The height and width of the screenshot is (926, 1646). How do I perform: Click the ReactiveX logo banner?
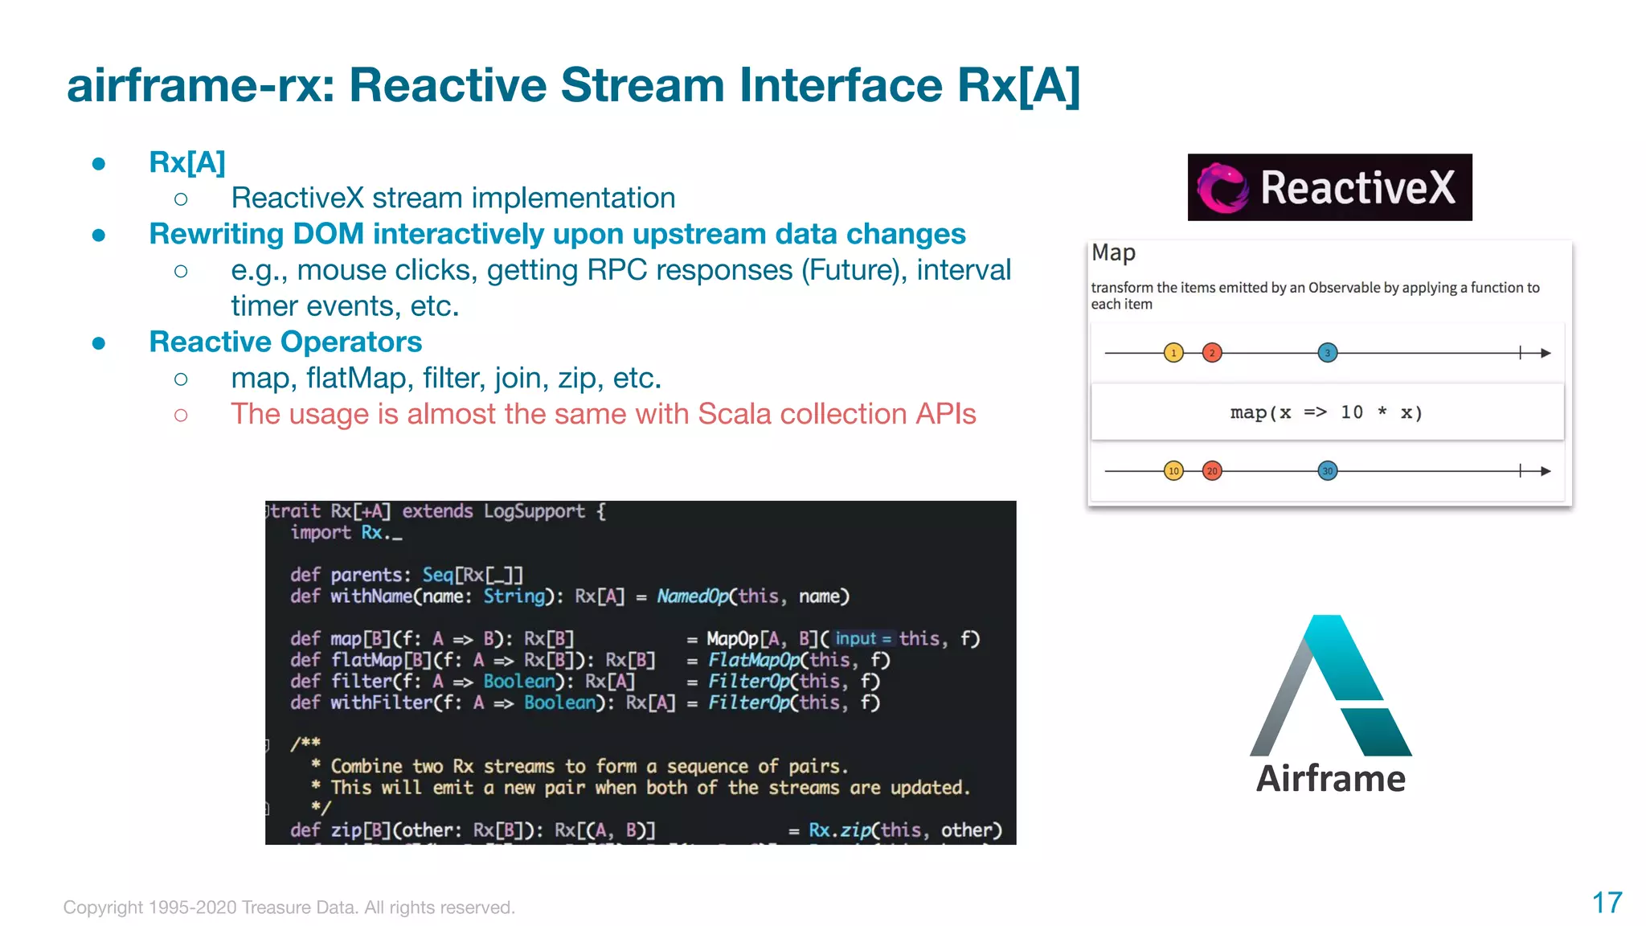coord(1329,187)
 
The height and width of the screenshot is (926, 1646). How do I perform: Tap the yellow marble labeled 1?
coord(1173,353)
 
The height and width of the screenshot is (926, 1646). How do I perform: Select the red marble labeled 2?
coord(1212,353)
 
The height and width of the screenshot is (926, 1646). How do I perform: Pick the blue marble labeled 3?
coord(1328,353)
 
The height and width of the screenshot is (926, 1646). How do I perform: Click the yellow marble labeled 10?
coord(1173,471)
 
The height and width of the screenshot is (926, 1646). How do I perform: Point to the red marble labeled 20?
coord(1212,471)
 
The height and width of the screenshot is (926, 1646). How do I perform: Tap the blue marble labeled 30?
coord(1328,471)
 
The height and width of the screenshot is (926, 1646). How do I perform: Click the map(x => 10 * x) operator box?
coord(1327,412)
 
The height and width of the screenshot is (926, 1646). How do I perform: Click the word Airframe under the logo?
coord(1331,779)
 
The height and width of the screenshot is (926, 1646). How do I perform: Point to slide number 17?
coord(1607,903)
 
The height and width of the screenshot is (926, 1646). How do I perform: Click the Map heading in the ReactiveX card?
coord(1113,253)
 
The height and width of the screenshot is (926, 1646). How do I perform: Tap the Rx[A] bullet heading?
coord(187,162)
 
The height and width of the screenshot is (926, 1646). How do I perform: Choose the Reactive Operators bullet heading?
coord(285,342)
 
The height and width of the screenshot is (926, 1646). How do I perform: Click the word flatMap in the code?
coord(366,661)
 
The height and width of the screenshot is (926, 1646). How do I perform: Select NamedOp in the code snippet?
coord(692,596)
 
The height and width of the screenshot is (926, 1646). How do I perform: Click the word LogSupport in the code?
coord(534,512)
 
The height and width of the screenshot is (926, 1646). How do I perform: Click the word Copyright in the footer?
coord(103,908)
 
